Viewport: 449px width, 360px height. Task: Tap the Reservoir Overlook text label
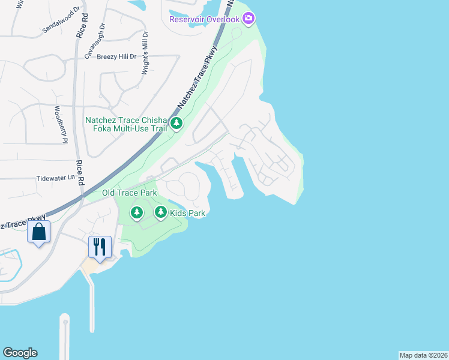[x=205, y=19]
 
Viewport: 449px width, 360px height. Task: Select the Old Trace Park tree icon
[x=137, y=212]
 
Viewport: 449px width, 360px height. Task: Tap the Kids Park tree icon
[x=160, y=212]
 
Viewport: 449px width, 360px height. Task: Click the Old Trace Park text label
[x=129, y=193]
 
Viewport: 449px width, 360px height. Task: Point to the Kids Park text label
[x=188, y=213]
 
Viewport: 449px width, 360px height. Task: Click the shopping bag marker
[x=38, y=231]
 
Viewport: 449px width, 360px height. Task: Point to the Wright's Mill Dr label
[x=145, y=53]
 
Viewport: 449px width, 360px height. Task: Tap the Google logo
[x=20, y=353]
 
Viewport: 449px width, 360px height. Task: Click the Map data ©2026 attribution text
[x=423, y=355]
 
